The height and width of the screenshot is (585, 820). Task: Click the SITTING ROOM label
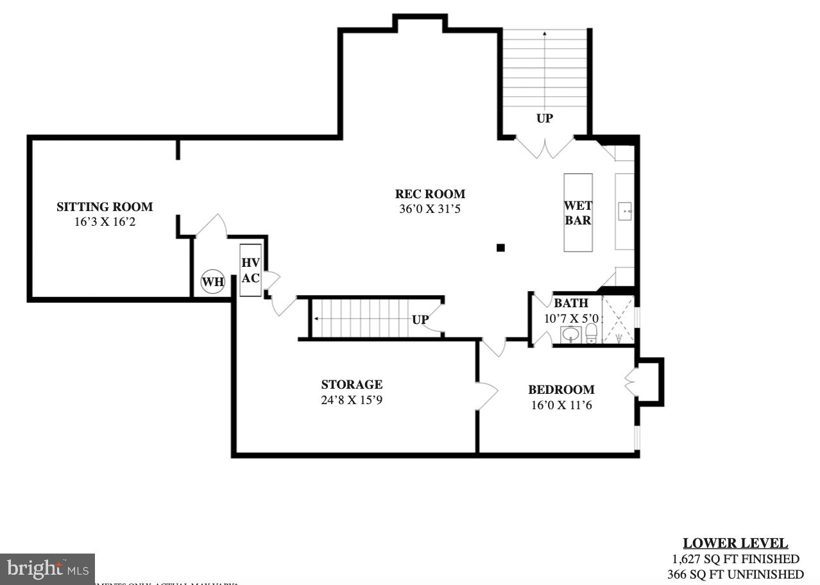click(105, 207)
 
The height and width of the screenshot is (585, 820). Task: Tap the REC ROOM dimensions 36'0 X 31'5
click(430, 208)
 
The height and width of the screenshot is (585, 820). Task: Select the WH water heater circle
click(213, 282)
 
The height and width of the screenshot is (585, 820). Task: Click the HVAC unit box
click(250, 270)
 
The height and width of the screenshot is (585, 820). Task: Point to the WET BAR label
click(577, 213)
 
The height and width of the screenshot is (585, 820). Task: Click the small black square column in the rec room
click(501, 248)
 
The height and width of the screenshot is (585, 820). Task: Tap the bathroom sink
click(570, 334)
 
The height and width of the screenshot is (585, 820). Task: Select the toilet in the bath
click(591, 334)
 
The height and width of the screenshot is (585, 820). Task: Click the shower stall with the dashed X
click(618, 320)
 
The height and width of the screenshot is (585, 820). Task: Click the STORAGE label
click(352, 384)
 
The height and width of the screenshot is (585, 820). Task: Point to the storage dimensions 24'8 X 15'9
click(352, 400)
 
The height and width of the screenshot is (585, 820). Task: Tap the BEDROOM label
click(561, 389)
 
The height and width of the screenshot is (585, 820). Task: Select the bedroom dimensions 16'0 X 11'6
click(561, 405)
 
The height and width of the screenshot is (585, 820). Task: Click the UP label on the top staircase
click(544, 119)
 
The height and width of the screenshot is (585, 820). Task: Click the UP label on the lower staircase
click(420, 319)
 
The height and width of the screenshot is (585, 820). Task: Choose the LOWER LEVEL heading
click(735, 543)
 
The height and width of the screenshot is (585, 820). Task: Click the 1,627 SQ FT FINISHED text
click(735, 559)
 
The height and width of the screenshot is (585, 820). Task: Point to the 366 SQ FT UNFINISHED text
click(735, 574)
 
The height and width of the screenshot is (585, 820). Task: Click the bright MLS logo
click(47, 568)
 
